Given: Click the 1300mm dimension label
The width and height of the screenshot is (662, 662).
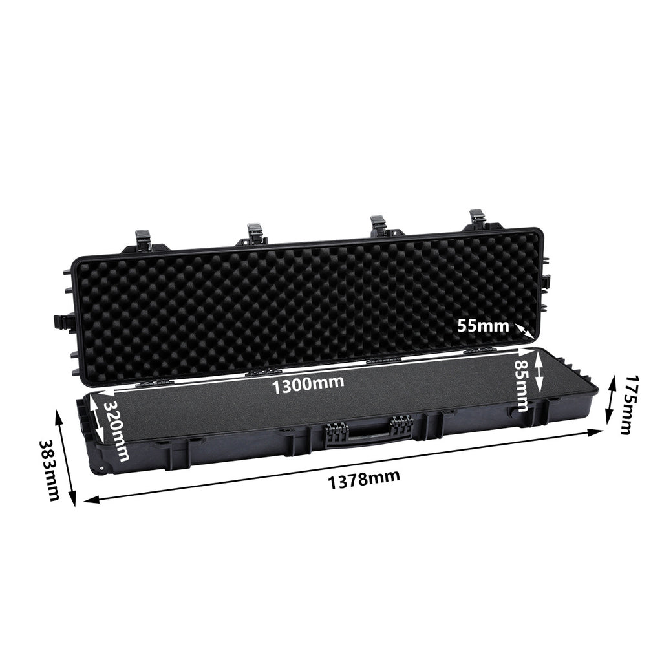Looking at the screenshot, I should [x=308, y=385].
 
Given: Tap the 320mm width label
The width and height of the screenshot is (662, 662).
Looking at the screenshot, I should [x=116, y=429].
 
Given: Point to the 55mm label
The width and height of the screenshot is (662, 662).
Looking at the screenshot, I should [x=484, y=326].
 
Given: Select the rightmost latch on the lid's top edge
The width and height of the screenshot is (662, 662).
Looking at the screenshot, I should [x=478, y=222].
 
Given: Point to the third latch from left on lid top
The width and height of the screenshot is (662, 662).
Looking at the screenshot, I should [x=379, y=226].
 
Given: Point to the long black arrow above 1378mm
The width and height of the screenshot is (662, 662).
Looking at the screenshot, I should [x=343, y=465].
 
